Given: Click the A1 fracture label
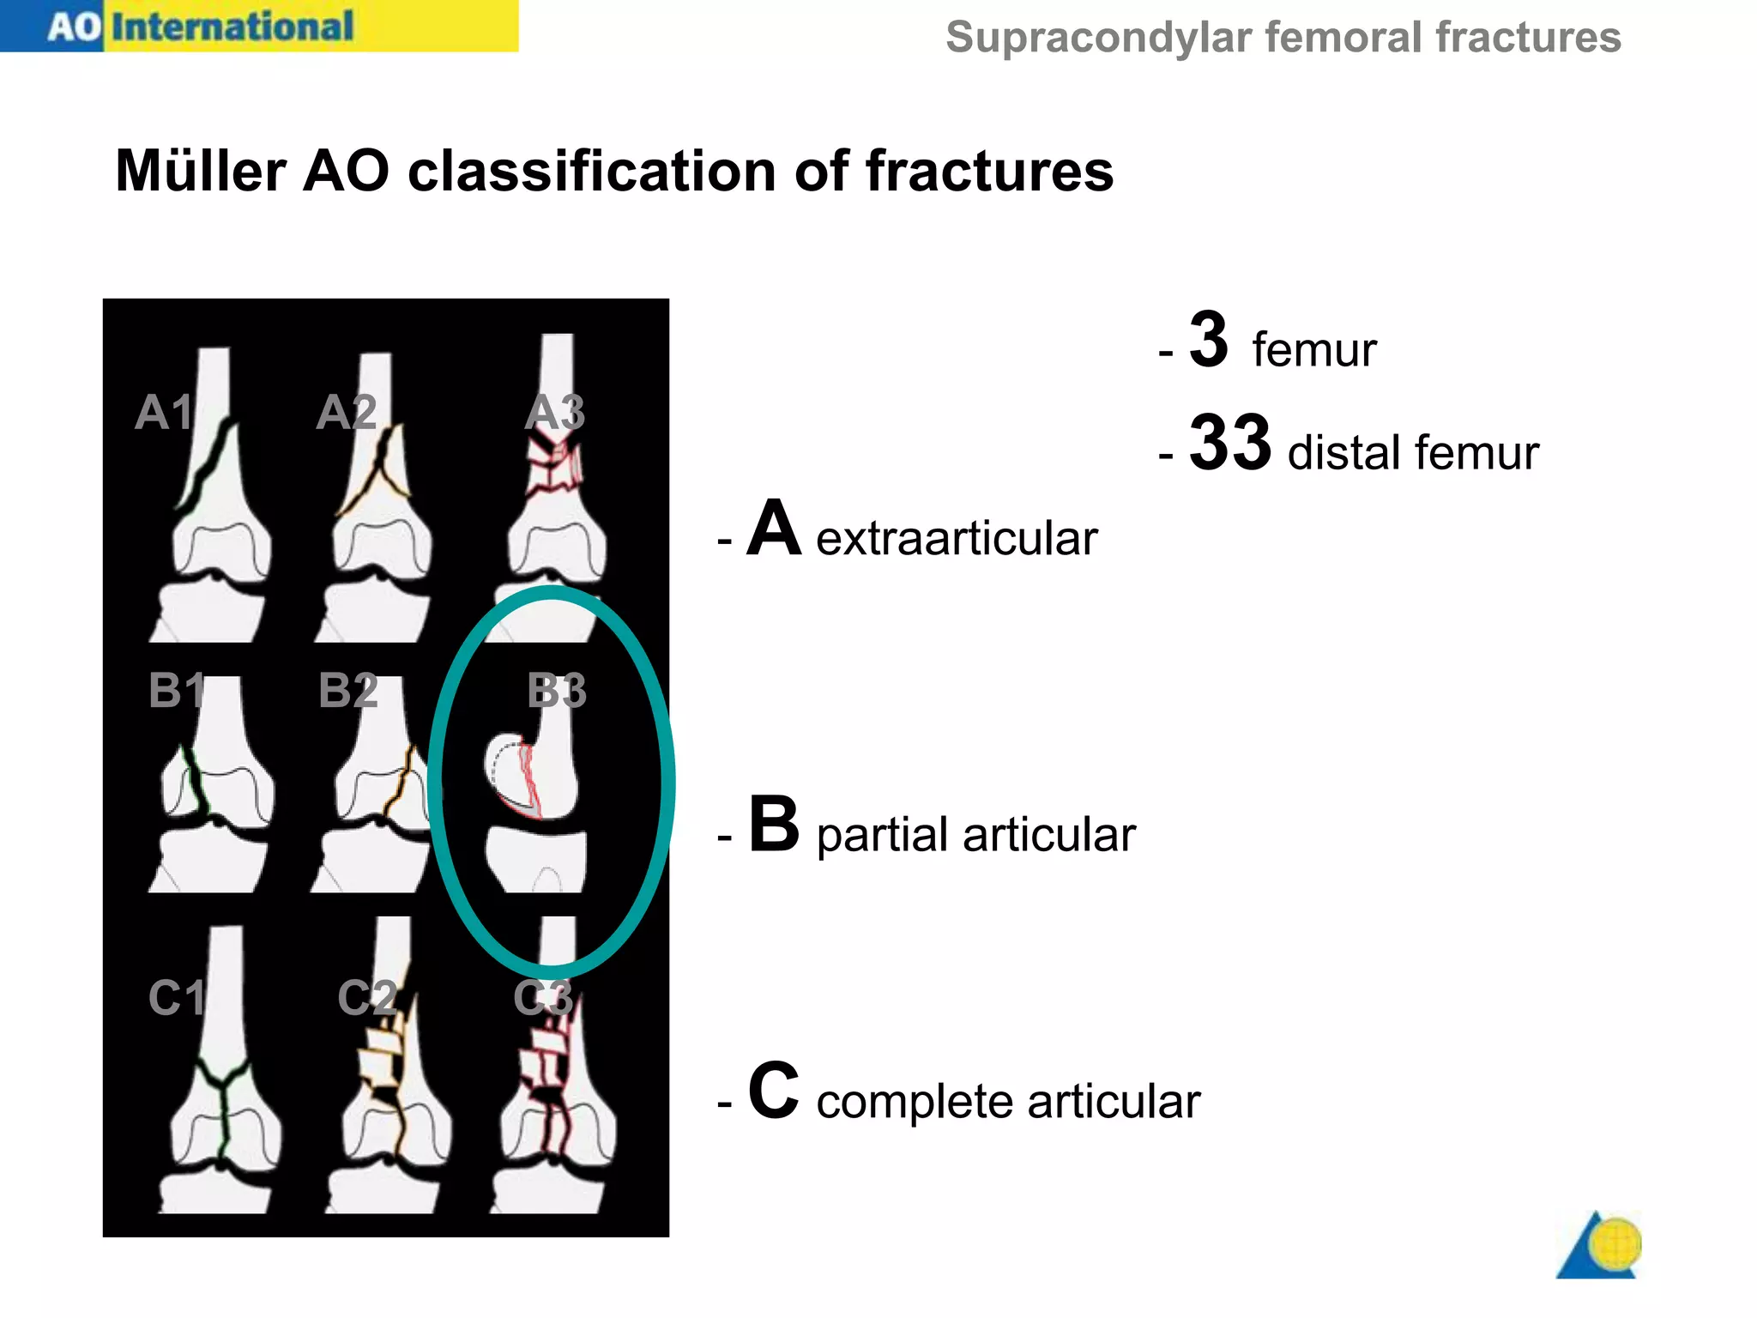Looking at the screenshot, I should pyautogui.click(x=164, y=413).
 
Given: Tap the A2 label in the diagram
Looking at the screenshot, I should pyautogui.click(x=347, y=413).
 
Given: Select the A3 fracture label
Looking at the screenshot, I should pyautogui.click(x=555, y=413).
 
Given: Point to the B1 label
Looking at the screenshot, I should pyautogui.click(x=177, y=690).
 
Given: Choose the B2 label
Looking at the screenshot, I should pyautogui.click(x=347, y=690).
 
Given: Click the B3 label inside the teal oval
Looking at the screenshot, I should pyautogui.click(x=557, y=691).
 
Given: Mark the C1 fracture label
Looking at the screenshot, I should pyautogui.click(x=177, y=998).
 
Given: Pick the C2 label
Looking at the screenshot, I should pyautogui.click(x=367, y=998).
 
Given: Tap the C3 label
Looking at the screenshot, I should pyautogui.click(x=543, y=998).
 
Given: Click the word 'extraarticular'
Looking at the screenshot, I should pyautogui.click(x=957, y=539).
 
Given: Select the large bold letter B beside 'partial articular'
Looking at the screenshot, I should pyautogui.click(x=774, y=825).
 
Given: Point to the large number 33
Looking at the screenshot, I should pyautogui.click(x=1229, y=443).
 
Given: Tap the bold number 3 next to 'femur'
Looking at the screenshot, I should pyautogui.click(x=1209, y=340).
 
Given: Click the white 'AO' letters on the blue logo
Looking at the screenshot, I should pyautogui.click(x=75, y=27).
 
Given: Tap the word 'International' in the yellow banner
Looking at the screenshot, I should pyautogui.click(x=232, y=27).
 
